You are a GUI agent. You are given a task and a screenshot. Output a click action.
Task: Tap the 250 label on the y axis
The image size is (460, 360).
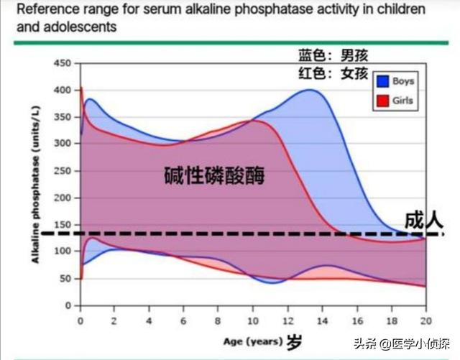coord(63,171)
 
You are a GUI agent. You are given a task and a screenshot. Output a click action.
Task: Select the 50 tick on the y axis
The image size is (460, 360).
coord(66,278)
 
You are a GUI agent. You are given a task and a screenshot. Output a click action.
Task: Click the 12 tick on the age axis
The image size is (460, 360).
coord(287,320)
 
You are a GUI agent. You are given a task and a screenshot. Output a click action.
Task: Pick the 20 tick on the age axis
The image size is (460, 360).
coord(425,320)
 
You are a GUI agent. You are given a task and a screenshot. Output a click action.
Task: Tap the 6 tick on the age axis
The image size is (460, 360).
coord(183,320)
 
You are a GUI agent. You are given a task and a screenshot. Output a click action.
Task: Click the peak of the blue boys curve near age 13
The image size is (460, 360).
coord(310,90)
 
